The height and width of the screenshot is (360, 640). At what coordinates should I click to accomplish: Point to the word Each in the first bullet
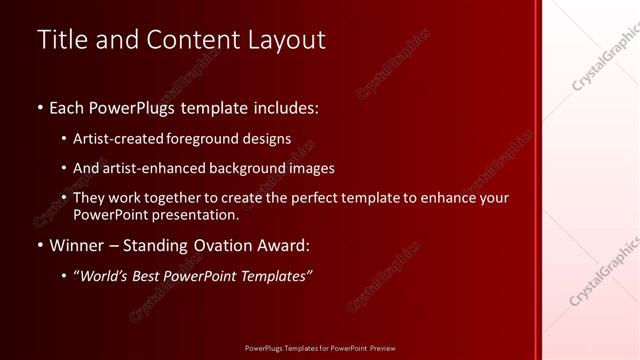pos(68,106)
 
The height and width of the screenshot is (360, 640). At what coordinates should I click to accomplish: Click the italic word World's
pos(105,275)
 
